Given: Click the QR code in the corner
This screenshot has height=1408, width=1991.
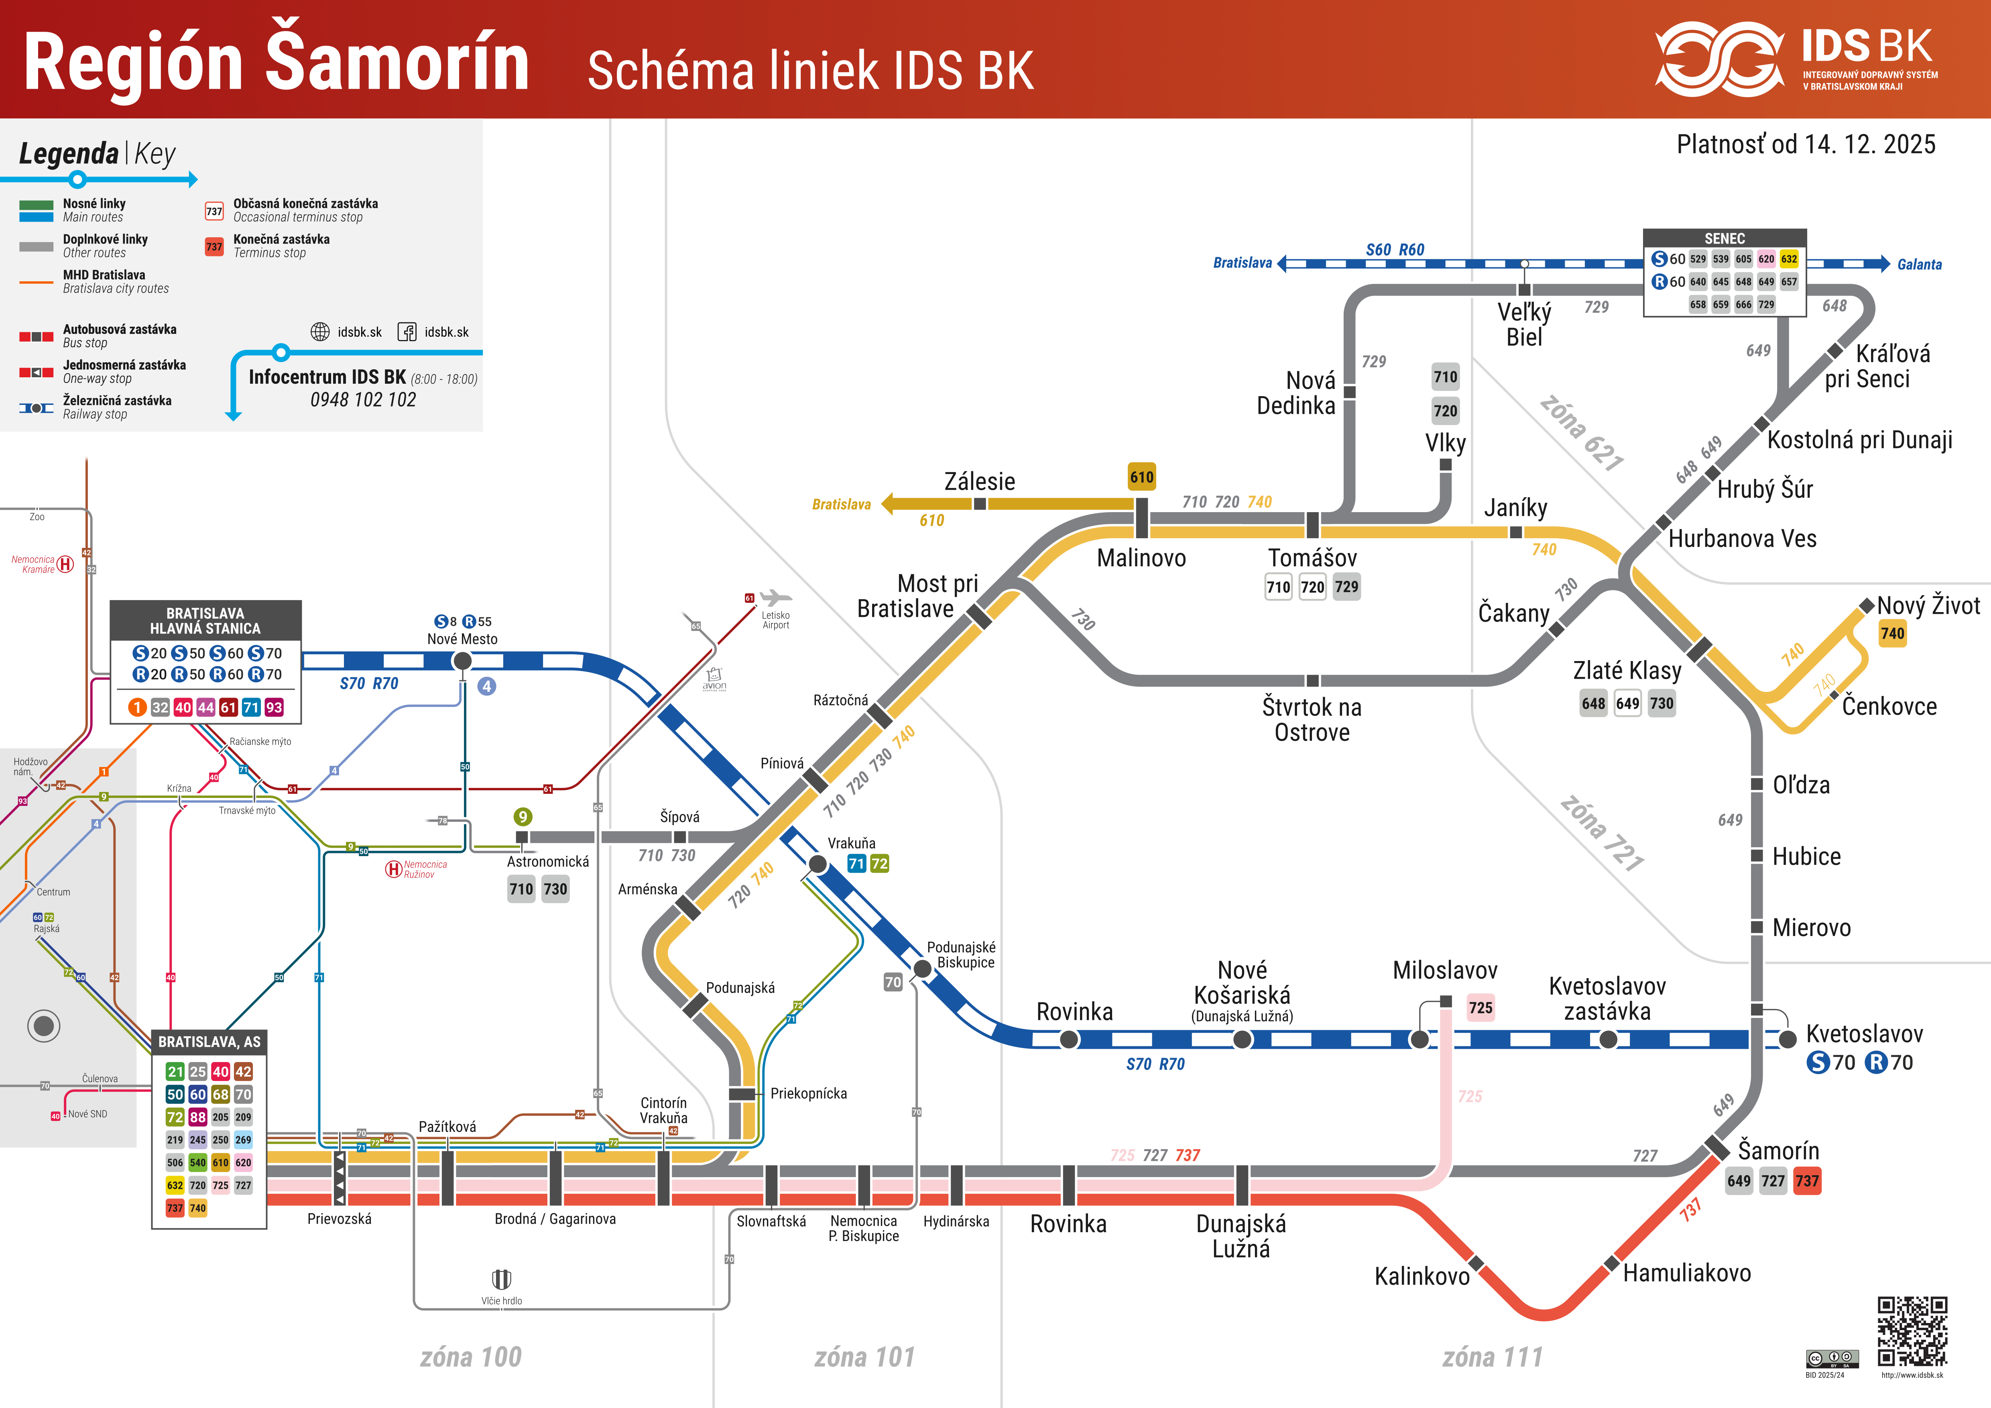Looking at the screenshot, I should (1912, 1332).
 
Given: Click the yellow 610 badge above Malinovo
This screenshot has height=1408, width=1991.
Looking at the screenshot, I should (1141, 477).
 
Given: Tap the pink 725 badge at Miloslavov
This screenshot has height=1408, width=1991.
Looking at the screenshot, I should (1480, 1007).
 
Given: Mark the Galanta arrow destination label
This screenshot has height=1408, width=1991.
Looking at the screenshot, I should (1919, 265).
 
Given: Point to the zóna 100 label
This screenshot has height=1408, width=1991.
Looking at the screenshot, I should (471, 1357).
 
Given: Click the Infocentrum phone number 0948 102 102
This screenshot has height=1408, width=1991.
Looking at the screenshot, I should (363, 400).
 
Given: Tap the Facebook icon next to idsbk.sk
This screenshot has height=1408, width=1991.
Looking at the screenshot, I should (407, 332).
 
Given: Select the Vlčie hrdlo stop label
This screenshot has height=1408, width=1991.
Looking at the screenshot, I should (501, 1300).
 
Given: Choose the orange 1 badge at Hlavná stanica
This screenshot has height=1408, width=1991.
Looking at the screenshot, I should (137, 708).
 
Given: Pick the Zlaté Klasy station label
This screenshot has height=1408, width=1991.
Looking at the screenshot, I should (1627, 670).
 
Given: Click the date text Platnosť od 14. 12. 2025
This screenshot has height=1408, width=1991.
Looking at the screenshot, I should (1806, 144).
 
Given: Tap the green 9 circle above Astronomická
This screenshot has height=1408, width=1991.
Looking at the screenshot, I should (522, 817).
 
